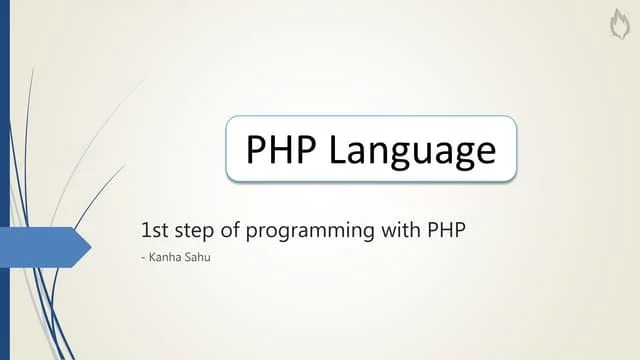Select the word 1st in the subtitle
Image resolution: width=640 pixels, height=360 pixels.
tap(155, 230)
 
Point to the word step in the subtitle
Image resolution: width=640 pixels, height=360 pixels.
tap(195, 231)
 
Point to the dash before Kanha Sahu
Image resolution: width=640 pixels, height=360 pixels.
tap(144, 258)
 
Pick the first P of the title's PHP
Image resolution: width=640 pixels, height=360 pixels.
tap(257, 149)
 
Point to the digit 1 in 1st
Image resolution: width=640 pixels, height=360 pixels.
tap(146, 230)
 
